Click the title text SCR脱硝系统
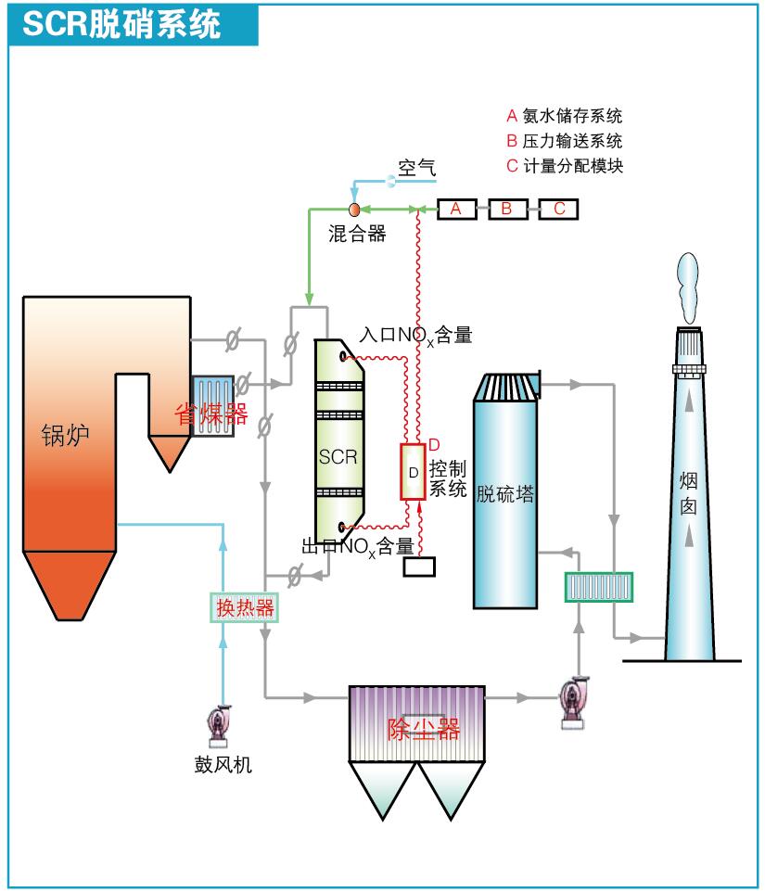click(x=121, y=24)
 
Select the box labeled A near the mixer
click(x=456, y=209)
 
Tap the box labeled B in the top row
click(x=507, y=209)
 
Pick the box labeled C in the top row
click(x=559, y=209)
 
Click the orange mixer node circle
click(x=353, y=210)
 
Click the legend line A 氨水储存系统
click(x=564, y=116)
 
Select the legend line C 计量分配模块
click(x=564, y=167)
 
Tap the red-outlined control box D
click(x=413, y=472)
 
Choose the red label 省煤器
click(x=211, y=414)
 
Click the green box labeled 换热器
click(x=245, y=607)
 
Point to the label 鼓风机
click(x=223, y=765)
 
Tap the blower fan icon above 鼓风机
click(x=221, y=726)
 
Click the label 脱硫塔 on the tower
click(x=505, y=493)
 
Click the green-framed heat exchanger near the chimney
click(x=599, y=586)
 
